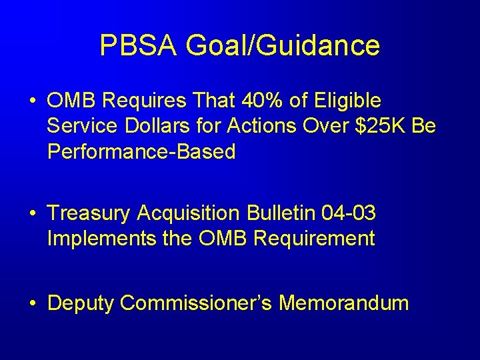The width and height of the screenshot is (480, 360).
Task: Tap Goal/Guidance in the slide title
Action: (x=283, y=46)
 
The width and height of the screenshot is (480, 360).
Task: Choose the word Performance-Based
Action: (x=141, y=152)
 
